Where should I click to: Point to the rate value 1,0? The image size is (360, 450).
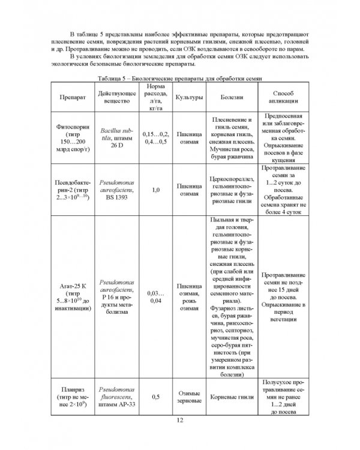(155, 190)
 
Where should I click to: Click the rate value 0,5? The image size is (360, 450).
(155, 397)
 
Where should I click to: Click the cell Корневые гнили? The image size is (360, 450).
(232, 397)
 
